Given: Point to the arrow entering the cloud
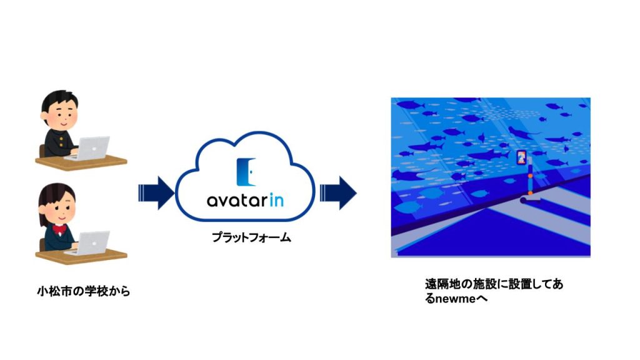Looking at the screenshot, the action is (x=157, y=193).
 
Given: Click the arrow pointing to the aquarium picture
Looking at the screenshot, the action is (x=338, y=193).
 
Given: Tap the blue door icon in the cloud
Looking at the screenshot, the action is (x=246, y=172).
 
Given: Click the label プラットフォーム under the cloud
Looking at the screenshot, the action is (x=251, y=237).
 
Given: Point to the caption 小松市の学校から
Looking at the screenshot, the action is (x=84, y=291).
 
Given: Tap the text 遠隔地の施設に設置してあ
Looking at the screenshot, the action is (x=494, y=284).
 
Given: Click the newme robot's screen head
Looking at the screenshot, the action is (x=522, y=157).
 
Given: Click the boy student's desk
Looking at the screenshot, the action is (x=81, y=162).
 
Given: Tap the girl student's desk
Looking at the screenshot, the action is (x=81, y=256).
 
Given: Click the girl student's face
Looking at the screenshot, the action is (x=62, y=209).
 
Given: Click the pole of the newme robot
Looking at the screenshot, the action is (x=530, y=179).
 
